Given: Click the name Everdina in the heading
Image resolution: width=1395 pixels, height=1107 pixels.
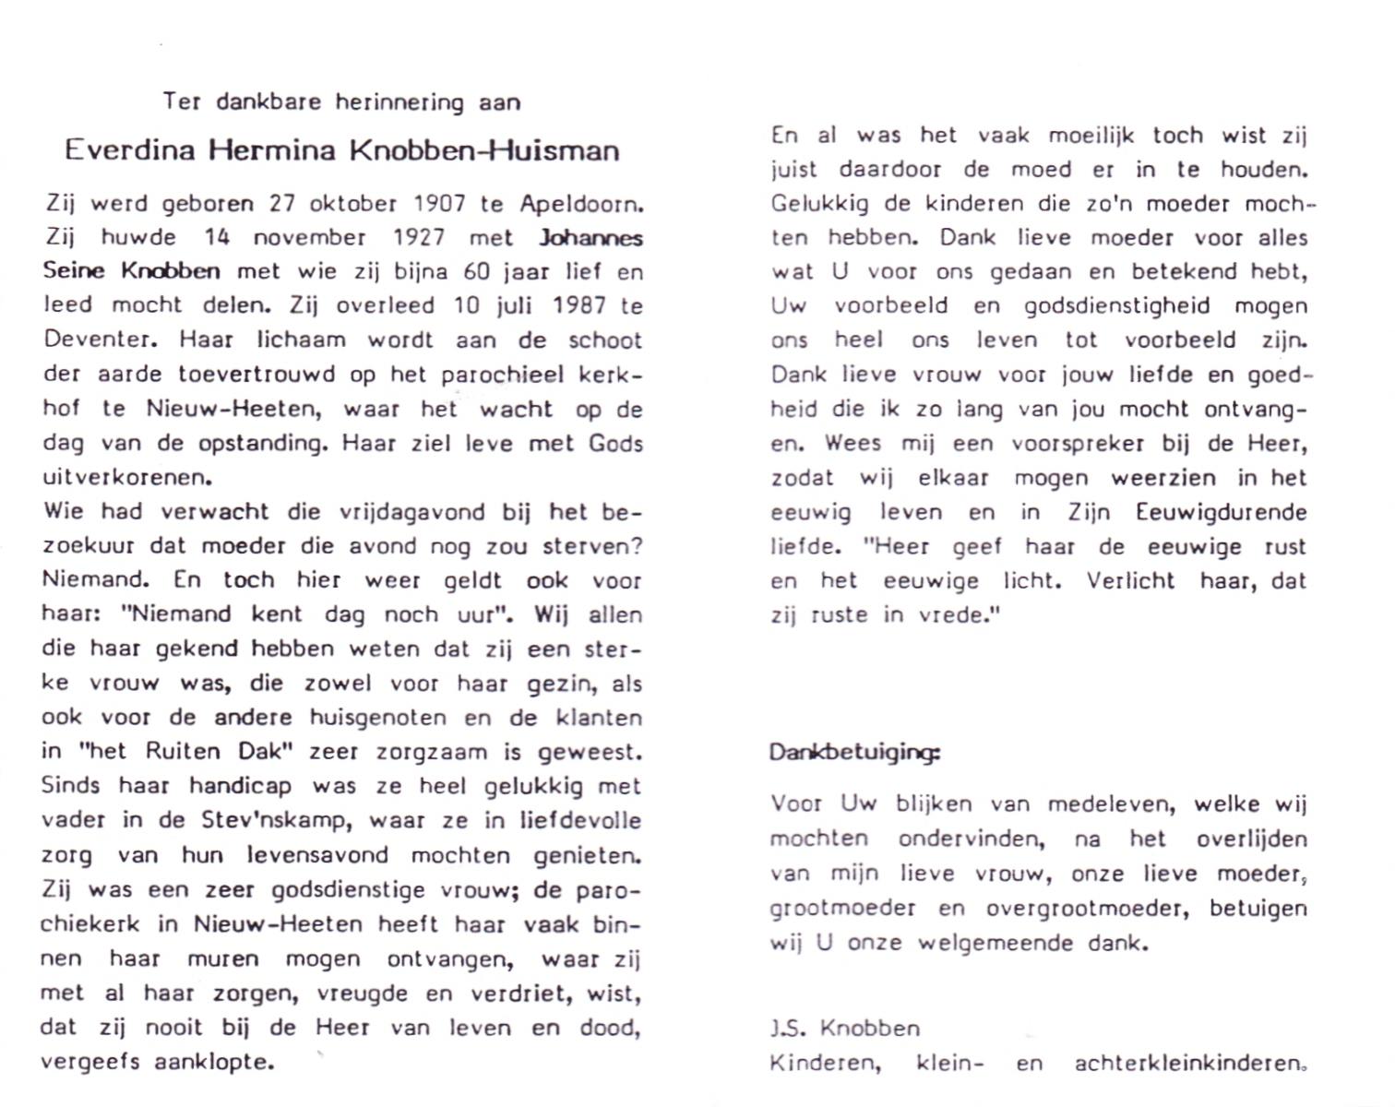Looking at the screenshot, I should click(x=129, y=150).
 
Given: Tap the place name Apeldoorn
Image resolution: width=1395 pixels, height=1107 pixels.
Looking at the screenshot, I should click(x=580, y=204).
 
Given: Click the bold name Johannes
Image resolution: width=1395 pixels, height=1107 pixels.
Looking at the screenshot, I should click(x=590, y=237).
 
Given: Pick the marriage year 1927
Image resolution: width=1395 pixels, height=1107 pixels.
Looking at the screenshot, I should click(x=419, y=237).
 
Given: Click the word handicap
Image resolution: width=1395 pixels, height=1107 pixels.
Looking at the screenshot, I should click(x=240, y=786).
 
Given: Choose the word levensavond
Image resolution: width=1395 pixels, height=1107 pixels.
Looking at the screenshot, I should click(x=317, y=855).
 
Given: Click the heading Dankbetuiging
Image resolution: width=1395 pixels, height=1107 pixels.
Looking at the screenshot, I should click(x=854, y=752).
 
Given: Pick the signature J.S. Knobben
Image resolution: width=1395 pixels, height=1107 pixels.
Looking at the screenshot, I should click(x=844, y=1028).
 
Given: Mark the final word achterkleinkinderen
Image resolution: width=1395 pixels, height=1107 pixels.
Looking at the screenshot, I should click(x=1189, y=1063).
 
